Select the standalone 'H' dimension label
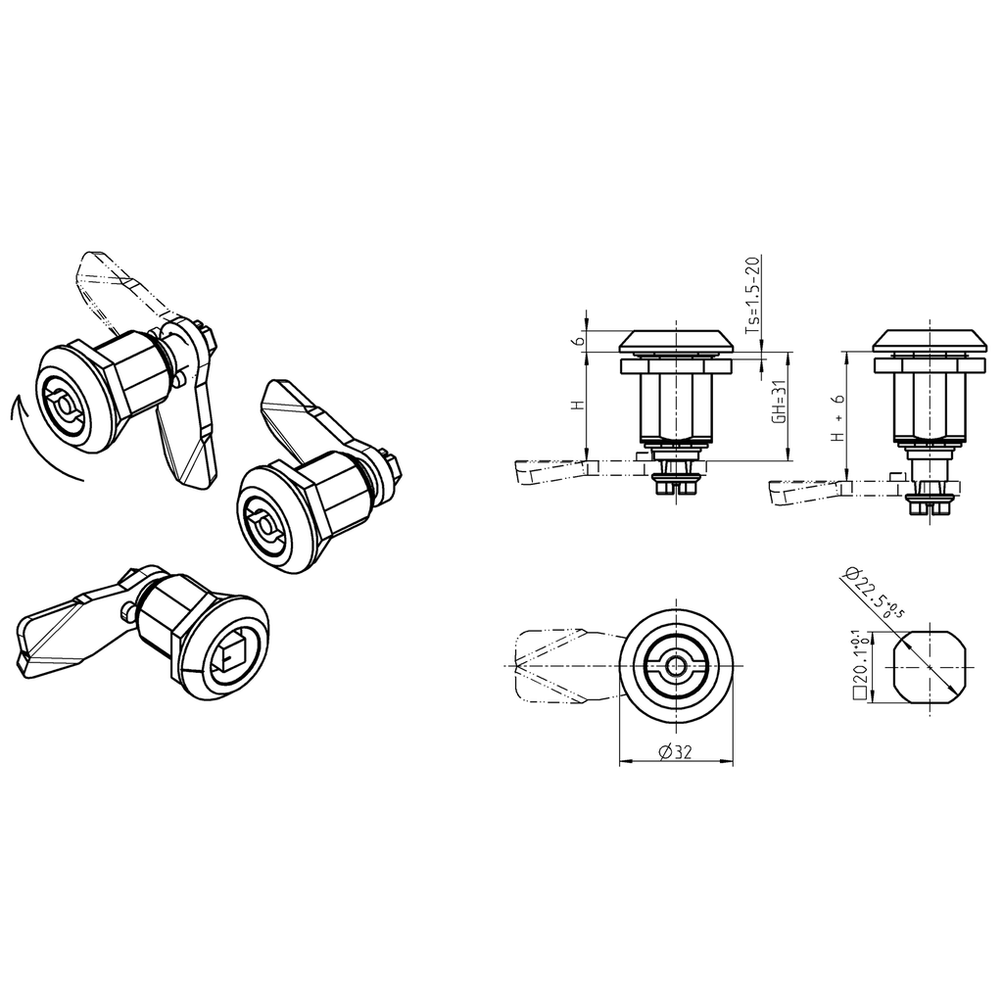[x=578, y=405]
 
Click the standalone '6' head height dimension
[x=579, y=340]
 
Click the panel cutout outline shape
[x=928, y=667]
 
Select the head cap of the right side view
[x=929, y=340]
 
